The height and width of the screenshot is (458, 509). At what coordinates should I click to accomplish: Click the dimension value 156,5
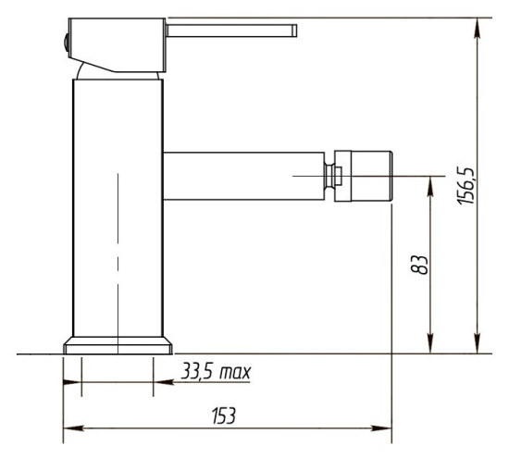[466, 186]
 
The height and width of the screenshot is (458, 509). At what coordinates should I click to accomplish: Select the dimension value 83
[419, 265]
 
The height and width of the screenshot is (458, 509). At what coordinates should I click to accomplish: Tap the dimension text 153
[223, 415]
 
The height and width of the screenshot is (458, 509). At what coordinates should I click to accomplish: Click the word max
[235, 373]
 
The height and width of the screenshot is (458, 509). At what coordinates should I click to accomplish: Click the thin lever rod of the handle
[231, 31]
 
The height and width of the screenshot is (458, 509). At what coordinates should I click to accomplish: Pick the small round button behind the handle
[67, 43]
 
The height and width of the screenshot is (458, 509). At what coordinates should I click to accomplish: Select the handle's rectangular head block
[117, 44]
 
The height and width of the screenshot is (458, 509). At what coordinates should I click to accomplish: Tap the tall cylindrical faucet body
[118, 208]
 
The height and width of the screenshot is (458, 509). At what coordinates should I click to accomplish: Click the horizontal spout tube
[243, 176]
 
